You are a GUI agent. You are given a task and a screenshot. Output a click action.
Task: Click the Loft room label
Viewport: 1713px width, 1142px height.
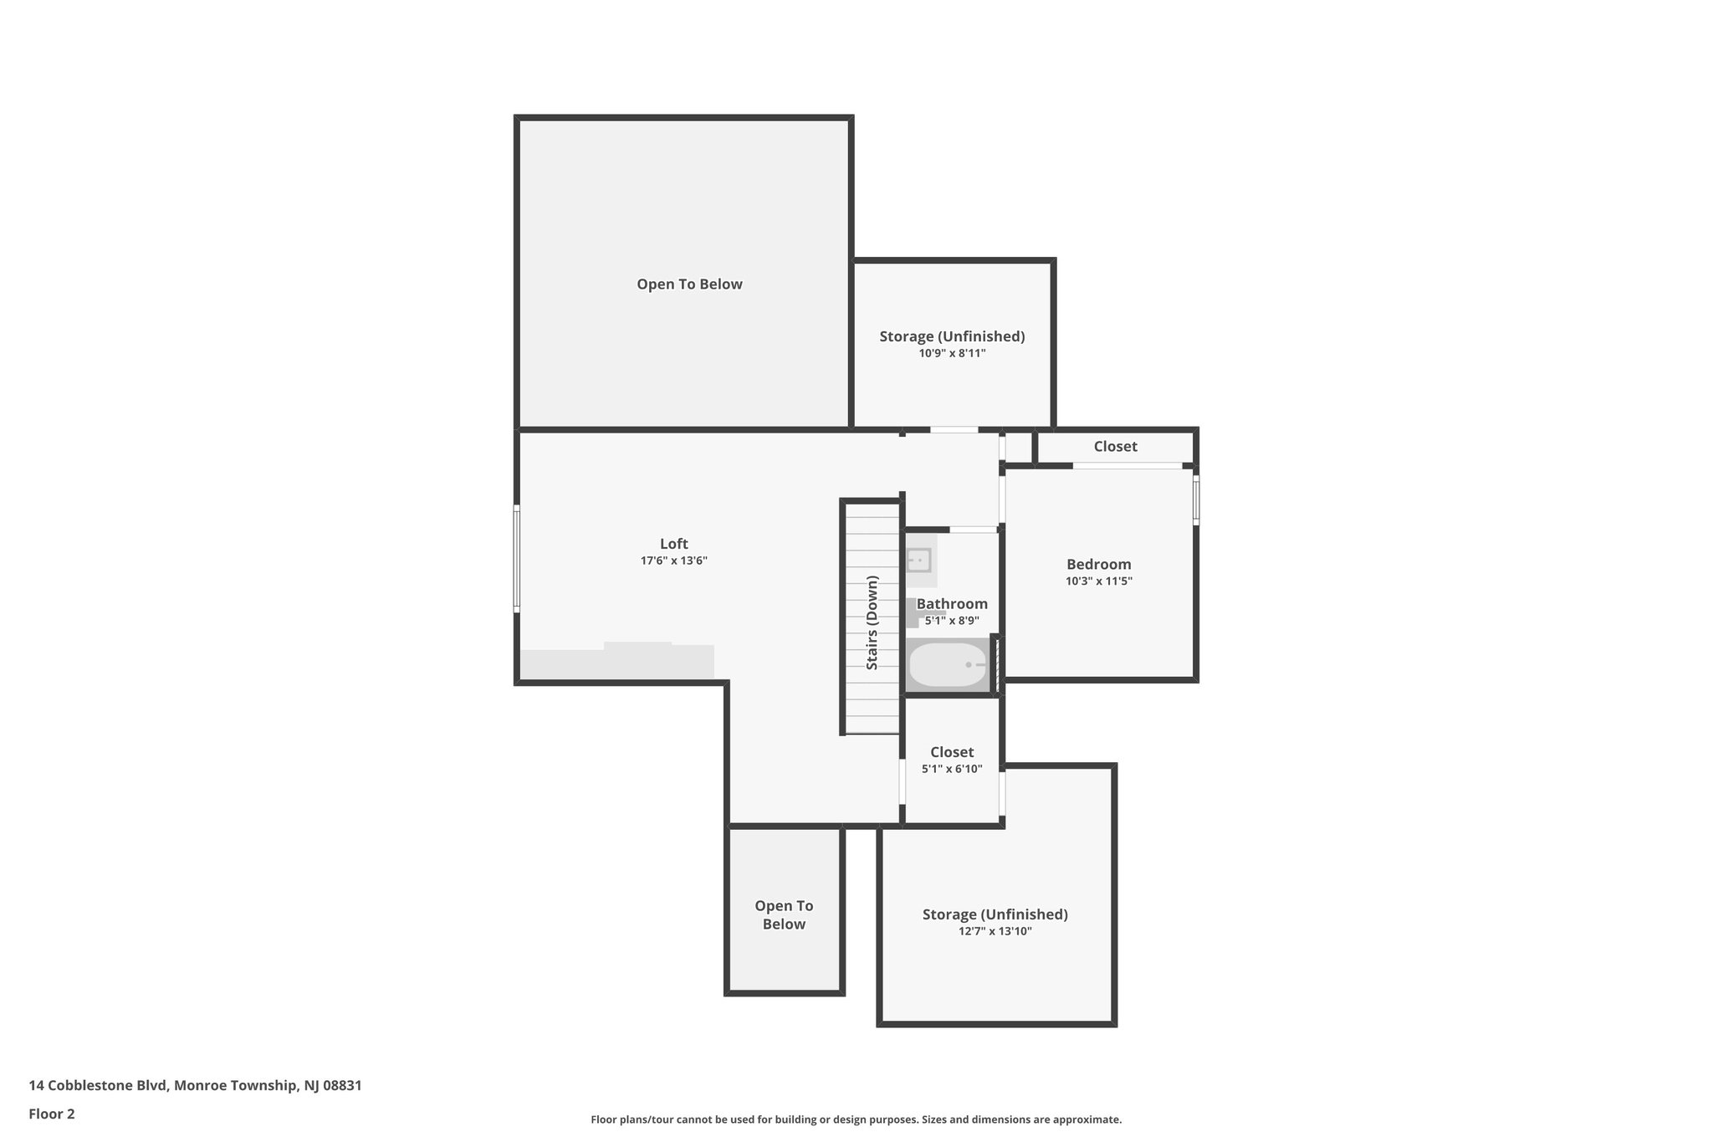(673, 544)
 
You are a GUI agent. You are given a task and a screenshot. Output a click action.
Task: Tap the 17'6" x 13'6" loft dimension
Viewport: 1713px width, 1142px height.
(673, 561)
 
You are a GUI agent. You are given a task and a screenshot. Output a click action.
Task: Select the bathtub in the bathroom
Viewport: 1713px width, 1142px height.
(948, 664)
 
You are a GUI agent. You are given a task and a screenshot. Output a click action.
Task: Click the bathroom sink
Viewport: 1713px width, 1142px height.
(919, 560)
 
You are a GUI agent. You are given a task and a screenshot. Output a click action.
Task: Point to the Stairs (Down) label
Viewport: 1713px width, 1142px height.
(872, 622)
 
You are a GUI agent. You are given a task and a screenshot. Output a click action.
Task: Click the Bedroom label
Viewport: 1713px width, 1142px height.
(1098, 565)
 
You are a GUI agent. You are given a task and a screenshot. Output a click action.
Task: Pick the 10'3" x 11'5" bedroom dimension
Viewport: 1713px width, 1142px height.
(1098, 581)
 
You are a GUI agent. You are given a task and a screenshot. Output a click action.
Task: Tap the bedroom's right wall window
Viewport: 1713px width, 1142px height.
(1195, 500)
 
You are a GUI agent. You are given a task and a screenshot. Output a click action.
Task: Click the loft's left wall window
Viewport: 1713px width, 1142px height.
(517, 558)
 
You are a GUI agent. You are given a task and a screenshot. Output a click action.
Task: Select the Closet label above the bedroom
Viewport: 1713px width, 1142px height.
(1115, 447)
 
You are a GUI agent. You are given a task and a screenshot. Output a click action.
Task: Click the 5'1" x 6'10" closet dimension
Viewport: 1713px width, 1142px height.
(952, 769)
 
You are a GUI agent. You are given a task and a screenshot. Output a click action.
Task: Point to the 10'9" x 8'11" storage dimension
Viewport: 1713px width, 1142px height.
(952, 354)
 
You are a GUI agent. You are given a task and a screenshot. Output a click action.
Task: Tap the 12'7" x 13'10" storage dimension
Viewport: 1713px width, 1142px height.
(995, 931)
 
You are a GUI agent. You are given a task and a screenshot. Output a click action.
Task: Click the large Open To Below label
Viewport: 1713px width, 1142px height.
(689, 284)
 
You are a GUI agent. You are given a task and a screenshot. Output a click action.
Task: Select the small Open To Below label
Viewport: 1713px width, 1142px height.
(784, 914)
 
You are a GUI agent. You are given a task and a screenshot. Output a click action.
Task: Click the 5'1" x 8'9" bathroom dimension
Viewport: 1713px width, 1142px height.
(952, 621)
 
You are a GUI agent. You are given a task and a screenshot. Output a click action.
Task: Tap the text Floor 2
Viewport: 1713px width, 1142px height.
(52, 1114)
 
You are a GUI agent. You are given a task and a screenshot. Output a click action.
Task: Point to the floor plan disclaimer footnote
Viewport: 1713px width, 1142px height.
(856, 1119)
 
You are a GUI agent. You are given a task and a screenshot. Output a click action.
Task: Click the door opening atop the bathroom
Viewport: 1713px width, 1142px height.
(972, 529)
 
